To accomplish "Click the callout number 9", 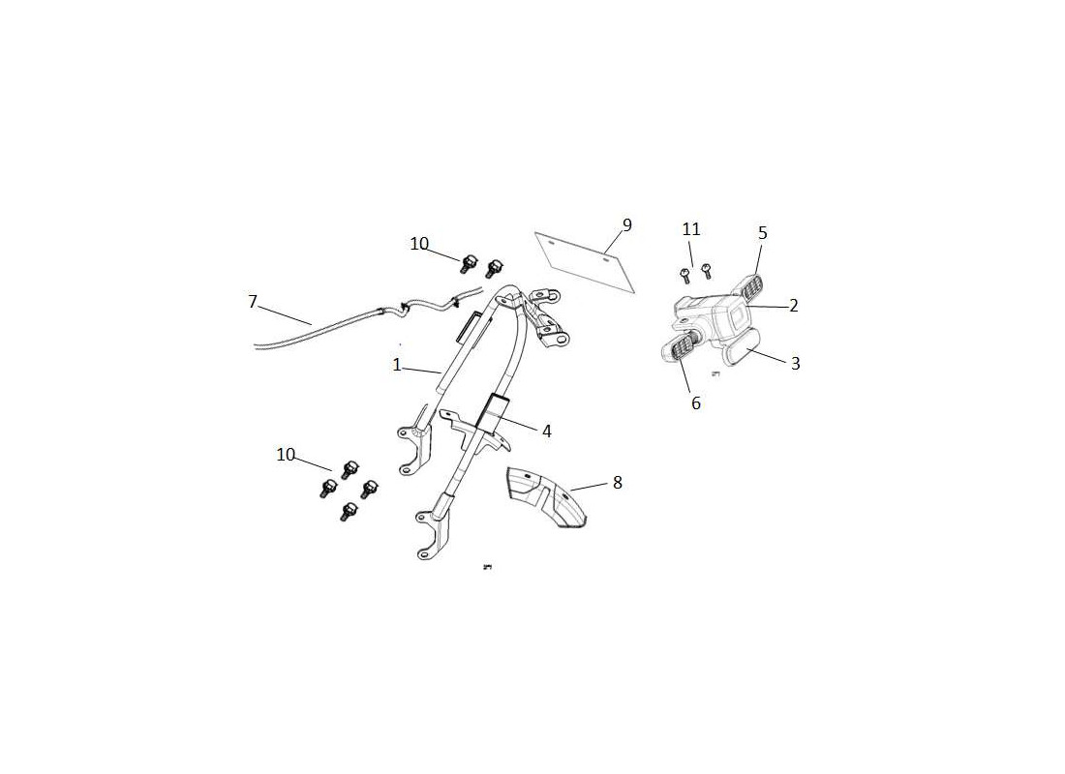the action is tap(627, 224).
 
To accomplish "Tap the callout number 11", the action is tap(691, 229).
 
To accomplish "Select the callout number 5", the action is tap(763, 233).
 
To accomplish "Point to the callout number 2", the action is tap(793, 306).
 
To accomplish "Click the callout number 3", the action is tap(795, 363).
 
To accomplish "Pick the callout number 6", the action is tap(695, 403).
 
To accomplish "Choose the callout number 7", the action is tap(253, 302).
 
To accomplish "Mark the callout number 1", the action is tap(397, 366).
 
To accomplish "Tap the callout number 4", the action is tap(546, 432).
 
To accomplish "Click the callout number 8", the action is tap(617, 483).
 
